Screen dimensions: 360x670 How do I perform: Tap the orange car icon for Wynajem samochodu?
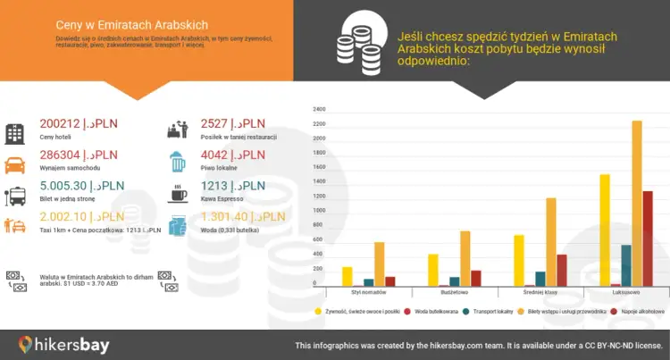click(x=15, y=164)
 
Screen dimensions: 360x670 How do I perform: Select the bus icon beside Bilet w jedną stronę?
click(x=15, y=196)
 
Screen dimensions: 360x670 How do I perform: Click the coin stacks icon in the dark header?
click(x=356, y=45)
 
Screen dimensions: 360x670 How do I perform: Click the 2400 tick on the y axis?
click(x=319, y=110)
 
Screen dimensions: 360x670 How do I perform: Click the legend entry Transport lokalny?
click(x=492, y=311)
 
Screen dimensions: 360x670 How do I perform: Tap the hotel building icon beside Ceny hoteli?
click(x=15, y=133)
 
